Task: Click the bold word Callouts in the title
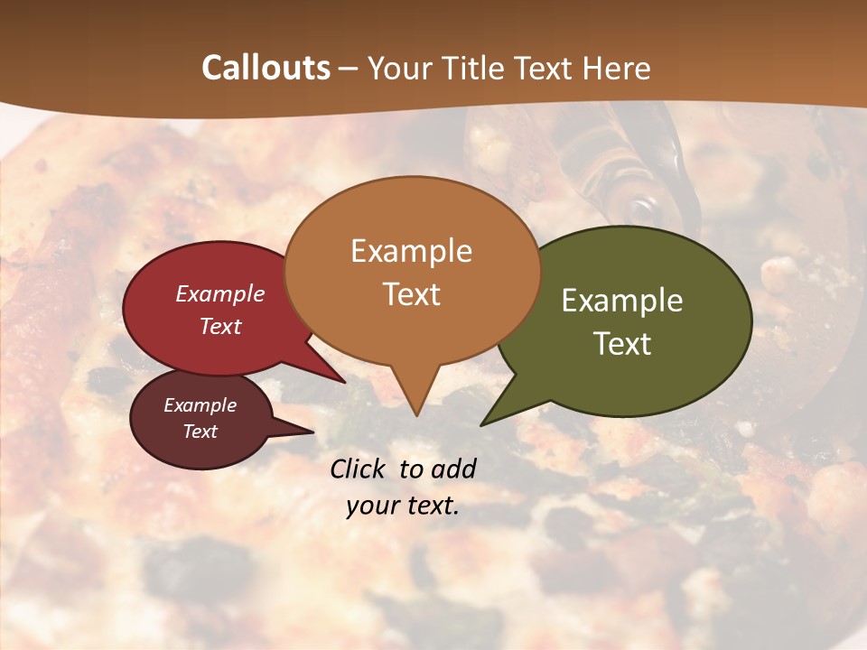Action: click(266, 68)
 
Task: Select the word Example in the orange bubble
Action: click(411, 251)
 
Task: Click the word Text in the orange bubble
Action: click(411, 294)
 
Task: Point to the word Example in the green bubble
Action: click(622, 301)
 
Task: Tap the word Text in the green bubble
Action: click(622, 343)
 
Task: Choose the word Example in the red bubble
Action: click(219, 293)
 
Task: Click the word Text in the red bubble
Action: click(219, 326)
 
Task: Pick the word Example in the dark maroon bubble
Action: click(200, 405)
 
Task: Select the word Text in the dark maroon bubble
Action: click(200, 432)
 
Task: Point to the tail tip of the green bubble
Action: click(482, 424)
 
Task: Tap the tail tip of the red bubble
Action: click(343, 382)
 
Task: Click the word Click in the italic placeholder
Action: click(359, 469)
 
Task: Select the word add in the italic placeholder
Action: click(453, 469)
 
